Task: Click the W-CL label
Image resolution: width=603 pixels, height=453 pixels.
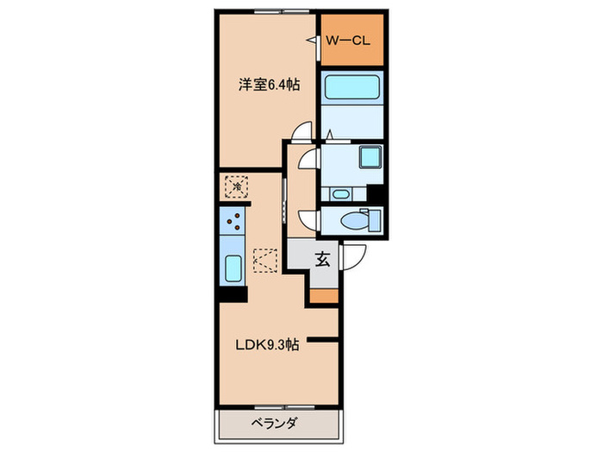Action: point(347,39)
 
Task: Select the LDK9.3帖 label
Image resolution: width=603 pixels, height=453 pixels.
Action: point(268,344)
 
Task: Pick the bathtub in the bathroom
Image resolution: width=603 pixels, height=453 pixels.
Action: point(354,89)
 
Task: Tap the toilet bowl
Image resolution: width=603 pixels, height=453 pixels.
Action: point(352,221)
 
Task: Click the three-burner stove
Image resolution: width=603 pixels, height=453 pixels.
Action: point(233,223)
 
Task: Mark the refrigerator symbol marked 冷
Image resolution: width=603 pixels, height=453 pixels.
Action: point(234,186)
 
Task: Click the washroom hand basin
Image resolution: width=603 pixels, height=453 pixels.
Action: point(339,193)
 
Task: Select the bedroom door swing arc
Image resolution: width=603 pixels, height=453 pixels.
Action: point(301,132)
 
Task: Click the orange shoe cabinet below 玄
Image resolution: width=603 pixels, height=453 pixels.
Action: point(324,296)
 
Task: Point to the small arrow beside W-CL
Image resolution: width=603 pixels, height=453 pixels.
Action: point(311,41)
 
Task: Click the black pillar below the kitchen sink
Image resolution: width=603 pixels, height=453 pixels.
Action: point(227,293)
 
